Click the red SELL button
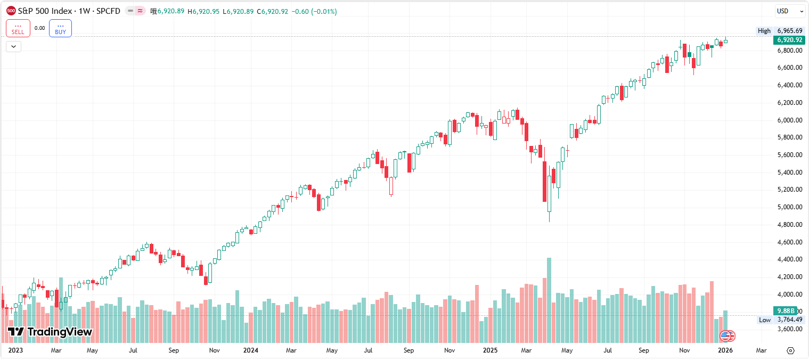[18, 28]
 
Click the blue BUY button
[60, 28]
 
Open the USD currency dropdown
[790, 11]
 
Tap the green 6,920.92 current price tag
[790, 40]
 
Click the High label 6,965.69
[790, 31]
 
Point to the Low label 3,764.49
[790, 320]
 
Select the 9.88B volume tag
[786, 310]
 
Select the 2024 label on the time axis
[250, 350]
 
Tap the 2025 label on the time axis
[489, 350]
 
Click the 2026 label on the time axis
[725, 350]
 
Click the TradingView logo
[50, 332]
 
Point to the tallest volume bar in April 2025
[549, 298]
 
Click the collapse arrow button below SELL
[13, 46]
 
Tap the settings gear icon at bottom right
[790, 350]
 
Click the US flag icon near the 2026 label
[728, 336]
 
